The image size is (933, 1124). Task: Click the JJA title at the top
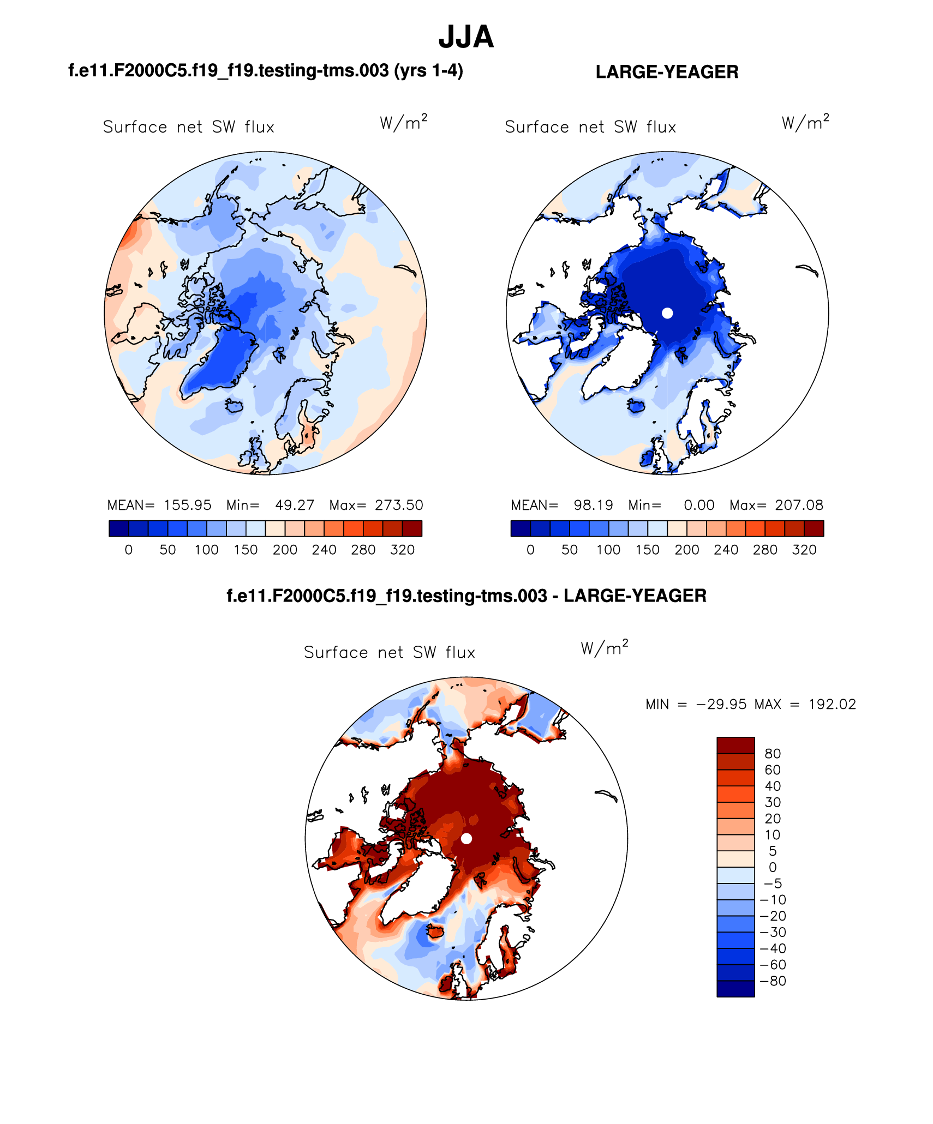[466, 38]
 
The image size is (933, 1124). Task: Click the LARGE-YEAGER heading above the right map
[667, 72]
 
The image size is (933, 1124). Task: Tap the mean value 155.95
[188, 505]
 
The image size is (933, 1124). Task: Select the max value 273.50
[399, 505]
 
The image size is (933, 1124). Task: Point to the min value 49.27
[295, 505]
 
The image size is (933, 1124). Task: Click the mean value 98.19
[593, 505]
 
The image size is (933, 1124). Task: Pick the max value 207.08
[799, 505]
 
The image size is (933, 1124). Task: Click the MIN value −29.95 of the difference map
[721, 704]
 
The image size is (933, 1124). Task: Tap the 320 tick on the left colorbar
[403, 550]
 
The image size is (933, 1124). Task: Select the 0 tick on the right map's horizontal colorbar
[530, 550]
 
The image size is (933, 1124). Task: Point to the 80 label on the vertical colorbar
[773, 753]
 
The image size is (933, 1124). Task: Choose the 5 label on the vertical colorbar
[773, 851]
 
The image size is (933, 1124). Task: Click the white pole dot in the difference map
[466, 838]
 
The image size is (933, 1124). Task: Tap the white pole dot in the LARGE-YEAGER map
[667, 313]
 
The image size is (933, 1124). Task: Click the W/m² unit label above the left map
[404, 123]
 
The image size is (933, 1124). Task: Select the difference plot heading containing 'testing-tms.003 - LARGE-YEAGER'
[466, 596]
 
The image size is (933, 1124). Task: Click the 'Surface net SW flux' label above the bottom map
[390, 652]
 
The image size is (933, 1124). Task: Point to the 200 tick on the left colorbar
[285, 550]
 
